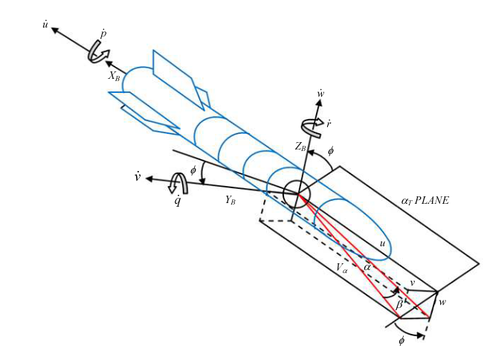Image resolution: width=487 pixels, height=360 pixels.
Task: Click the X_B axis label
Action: pos(114,76)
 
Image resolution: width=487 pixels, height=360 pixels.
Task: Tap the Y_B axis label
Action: pos(230,200)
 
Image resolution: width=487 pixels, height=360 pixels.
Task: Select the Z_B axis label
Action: pos(300,147)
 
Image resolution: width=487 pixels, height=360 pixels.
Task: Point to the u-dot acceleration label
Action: pos(45,24)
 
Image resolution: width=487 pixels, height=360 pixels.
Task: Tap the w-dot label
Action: pos(321,93)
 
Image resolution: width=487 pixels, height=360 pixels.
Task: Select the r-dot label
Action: pos(329,124)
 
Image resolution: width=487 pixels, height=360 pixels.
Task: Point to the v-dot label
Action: pos(138,177)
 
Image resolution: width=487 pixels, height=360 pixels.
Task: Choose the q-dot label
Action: pos(178,201)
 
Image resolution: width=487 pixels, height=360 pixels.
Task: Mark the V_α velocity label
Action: pos(342,268)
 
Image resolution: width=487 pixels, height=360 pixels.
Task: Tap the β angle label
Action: pos(399,304)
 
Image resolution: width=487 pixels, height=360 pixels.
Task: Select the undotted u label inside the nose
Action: pos(382,243)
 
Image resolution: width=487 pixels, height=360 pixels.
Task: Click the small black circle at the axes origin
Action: pos(296,194)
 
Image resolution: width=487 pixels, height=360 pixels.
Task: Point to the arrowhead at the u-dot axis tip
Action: pos(55,30)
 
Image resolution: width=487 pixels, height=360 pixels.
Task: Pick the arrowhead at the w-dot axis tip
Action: pos(319,102)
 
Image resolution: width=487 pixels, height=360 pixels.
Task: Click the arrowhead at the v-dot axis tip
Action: pos(149,179)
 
